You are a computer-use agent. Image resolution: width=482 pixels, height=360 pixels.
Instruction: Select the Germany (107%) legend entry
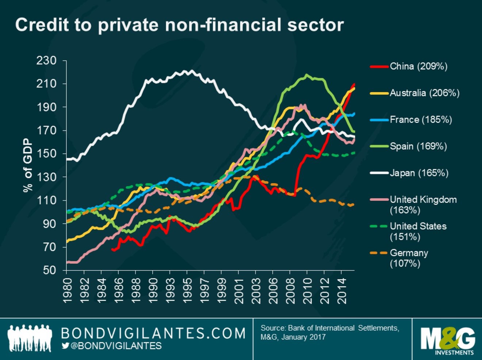[409, 258]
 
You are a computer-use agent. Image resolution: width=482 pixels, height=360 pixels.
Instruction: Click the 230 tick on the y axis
[46, 61]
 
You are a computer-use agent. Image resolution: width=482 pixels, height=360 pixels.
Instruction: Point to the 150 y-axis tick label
[46, 154]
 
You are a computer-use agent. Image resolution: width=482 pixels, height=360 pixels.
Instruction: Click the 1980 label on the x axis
[67, 291]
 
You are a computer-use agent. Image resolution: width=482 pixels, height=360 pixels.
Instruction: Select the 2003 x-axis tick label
[256, 291]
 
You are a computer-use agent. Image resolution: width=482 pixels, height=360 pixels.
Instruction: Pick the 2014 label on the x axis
[342, 291]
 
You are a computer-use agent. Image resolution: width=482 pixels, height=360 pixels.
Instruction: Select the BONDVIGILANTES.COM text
[153, 333]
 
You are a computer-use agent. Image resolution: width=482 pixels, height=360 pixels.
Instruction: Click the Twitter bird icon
[65, 345]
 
